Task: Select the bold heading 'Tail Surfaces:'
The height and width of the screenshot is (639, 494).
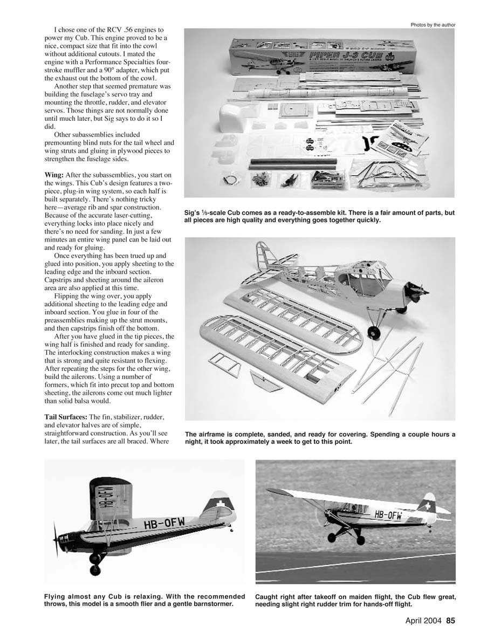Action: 66,418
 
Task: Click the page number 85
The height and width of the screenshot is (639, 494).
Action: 451,621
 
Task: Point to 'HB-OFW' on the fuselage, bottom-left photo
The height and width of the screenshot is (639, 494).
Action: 164,523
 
